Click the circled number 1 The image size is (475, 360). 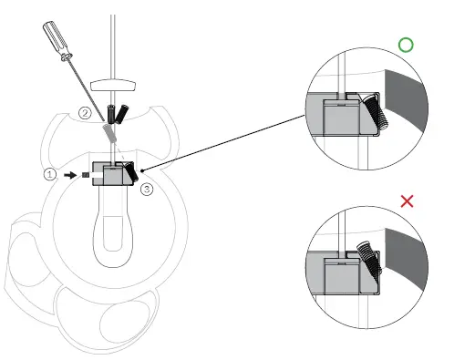(x=51, y=171)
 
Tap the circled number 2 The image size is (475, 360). (x=85, y=114)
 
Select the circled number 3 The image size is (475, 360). (x=147, y=189)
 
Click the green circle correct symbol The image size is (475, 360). (x=406, y=45)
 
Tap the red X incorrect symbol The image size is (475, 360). (x=407, y=201)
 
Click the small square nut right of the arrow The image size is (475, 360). (x=85, y=171)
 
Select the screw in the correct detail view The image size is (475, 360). (x=375, y=114)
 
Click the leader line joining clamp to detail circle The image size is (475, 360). (x=228, y=141)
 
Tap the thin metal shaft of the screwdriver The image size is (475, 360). (x=86, y=91)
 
